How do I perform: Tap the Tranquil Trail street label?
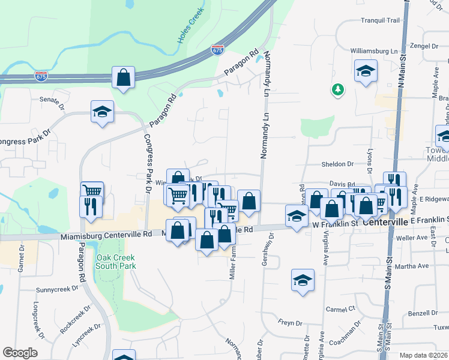click(x=380, y=20)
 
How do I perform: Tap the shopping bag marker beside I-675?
click(x=123, y=77)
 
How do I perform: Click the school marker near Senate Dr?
click(x=102, y=112)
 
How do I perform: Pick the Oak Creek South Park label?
click(x=116, y=262)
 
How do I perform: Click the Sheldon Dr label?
click(x=337, y=164)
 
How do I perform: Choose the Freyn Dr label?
click(x=290, y=322)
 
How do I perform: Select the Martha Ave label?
click(x=415, y=266)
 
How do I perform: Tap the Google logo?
click(x=20, y=353)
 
